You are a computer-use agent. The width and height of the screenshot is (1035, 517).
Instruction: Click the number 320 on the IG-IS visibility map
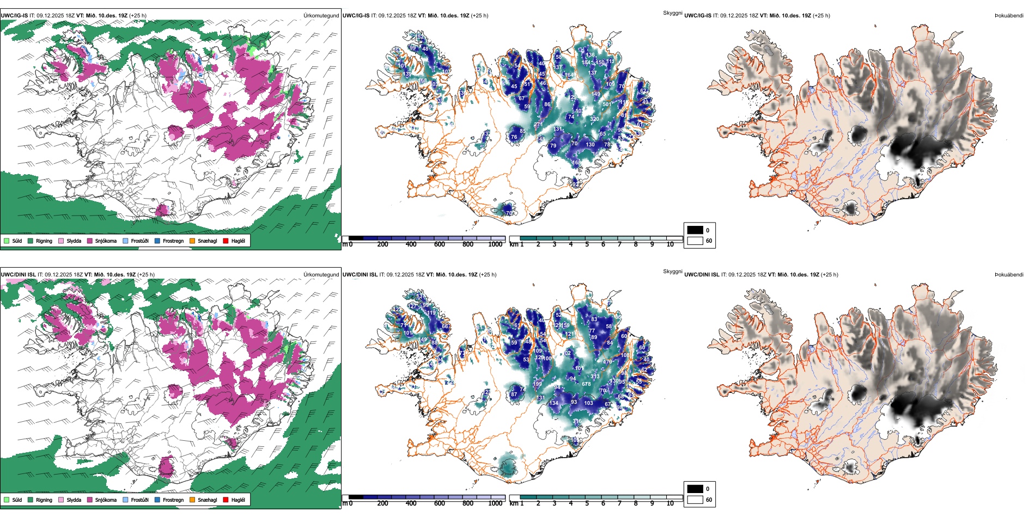(x=594, y=119)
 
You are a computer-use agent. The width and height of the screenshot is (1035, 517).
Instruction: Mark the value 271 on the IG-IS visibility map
(x=538, y=125)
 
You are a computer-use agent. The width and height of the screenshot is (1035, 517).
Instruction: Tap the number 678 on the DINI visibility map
(x=586, y=384)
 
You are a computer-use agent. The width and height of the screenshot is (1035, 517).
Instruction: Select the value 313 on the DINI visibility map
(x=595, y=377)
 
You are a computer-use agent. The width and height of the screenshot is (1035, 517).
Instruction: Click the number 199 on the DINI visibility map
(x=538, y=384)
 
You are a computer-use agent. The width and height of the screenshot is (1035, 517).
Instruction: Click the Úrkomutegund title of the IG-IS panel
(x=321, y=16)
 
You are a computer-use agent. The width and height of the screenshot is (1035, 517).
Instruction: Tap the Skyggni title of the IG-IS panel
(x=672, y=13)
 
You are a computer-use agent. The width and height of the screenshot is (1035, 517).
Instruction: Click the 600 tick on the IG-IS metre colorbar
(x=440, y=244)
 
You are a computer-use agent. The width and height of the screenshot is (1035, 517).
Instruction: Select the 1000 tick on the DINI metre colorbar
(x=495, y=503)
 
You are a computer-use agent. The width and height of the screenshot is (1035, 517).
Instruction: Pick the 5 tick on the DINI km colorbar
(x=587, y=503)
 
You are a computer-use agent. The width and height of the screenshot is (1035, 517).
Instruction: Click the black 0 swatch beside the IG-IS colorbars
(x=695, y=230)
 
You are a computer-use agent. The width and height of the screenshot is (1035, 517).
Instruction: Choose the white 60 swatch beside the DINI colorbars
(x=695, y=500)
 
